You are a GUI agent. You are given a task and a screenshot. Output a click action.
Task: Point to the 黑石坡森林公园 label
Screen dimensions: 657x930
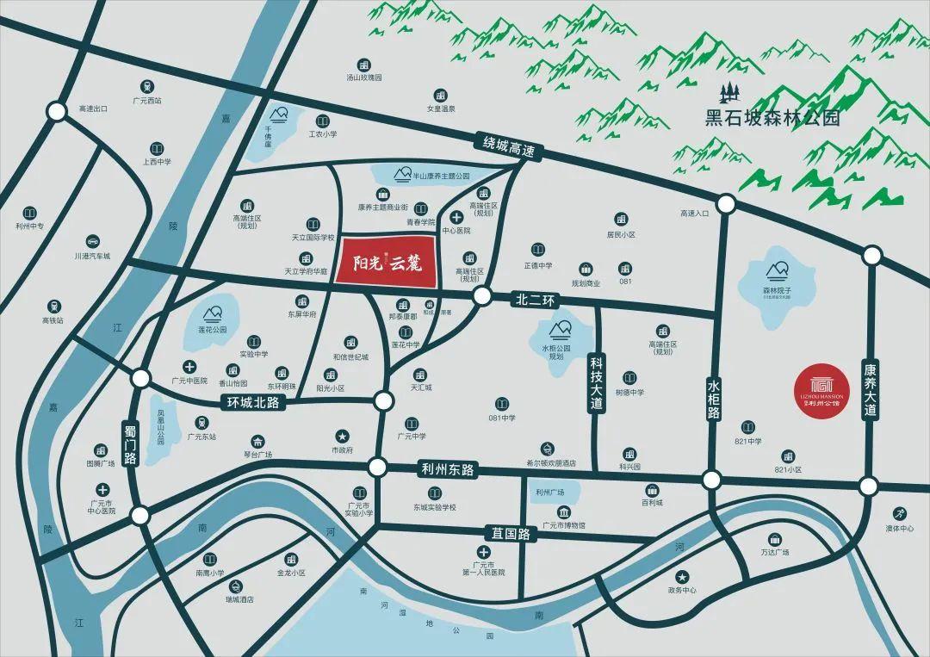tap(772, 118)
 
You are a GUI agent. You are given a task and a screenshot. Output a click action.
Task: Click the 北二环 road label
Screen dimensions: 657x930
tap(538, 301)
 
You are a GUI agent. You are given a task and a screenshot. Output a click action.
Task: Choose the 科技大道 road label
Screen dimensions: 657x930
tap(594, 385)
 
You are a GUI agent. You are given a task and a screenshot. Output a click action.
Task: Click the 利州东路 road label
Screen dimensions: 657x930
tap(448, 470)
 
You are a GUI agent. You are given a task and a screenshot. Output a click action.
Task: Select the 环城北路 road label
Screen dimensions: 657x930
tap(252, 402)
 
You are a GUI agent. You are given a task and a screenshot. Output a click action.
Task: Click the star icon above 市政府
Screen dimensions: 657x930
tap(342, 436)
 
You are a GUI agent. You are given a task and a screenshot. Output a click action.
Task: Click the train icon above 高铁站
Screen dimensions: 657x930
tap(54, 306)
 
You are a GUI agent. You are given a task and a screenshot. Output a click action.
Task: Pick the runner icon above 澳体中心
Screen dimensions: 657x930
tap(899, 513)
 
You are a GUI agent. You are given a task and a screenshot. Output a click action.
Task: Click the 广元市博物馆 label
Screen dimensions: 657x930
tap(564, 524)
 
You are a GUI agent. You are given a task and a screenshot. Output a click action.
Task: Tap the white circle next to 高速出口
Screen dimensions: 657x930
tap(57, 111)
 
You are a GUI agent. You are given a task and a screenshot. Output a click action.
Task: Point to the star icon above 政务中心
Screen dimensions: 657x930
tap(682, 576)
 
